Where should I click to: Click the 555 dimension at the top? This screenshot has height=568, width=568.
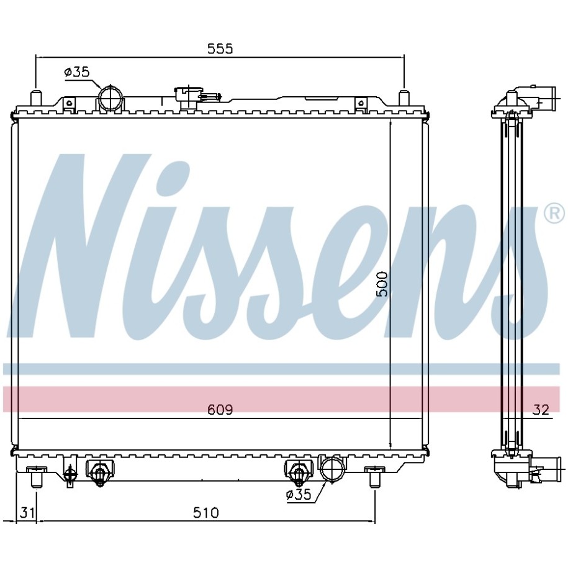(220, 48)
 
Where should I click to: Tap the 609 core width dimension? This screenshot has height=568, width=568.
(220, 409)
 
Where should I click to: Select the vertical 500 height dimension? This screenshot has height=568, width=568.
(382, 284)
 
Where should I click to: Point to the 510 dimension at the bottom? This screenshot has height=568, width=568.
(205, 513)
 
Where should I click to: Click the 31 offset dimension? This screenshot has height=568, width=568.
(27, 513)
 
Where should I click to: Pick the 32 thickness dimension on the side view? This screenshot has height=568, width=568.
(541, 409)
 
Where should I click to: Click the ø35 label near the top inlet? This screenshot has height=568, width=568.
(77, 72)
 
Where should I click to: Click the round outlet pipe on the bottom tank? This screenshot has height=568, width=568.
(332, 469)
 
